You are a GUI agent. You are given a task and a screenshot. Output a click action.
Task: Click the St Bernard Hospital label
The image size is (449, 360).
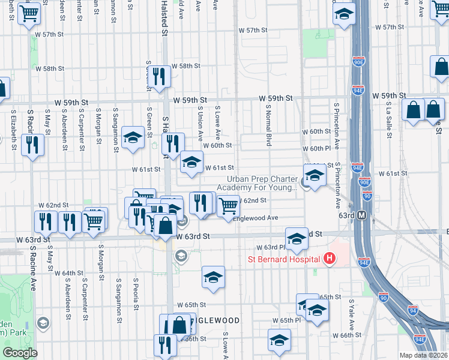coord(285,259)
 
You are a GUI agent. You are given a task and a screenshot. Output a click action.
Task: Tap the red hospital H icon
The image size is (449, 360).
coord(329,259)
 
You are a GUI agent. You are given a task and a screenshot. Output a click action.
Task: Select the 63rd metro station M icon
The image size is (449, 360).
coord(362,215)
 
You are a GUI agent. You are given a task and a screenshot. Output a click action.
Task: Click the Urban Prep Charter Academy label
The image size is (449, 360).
coord(262,183)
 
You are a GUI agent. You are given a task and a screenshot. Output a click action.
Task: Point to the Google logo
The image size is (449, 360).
coord(20,353)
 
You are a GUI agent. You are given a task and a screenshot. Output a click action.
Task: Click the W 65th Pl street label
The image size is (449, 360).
coord(286,320)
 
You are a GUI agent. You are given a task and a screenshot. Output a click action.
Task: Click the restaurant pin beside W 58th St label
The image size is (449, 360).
coord(158,76)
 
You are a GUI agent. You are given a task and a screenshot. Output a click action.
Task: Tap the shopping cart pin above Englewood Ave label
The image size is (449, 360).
coord(229,205)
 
